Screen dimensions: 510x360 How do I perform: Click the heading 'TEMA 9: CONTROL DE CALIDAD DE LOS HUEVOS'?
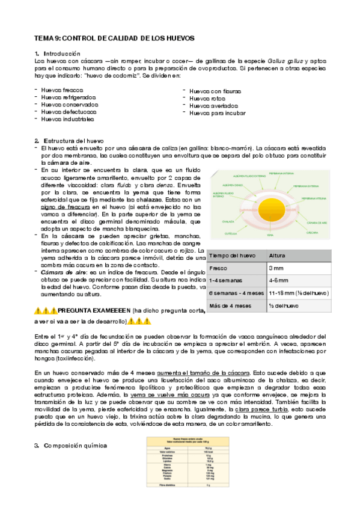114,38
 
